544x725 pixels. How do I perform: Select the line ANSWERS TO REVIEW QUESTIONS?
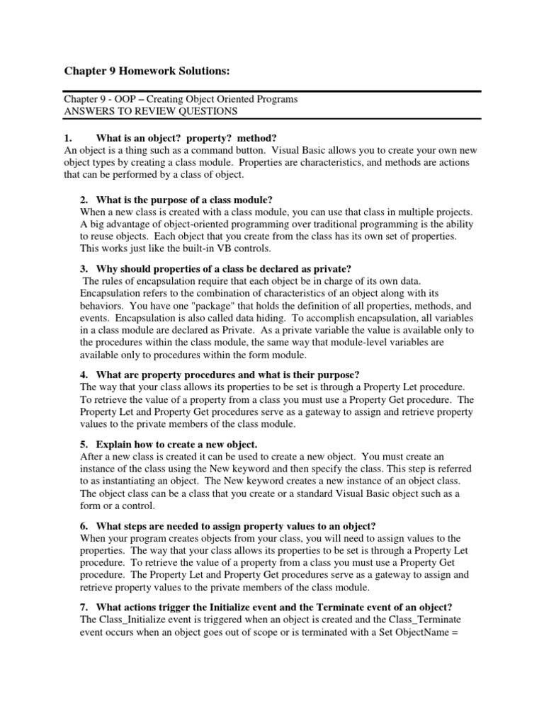coord(151,111)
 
